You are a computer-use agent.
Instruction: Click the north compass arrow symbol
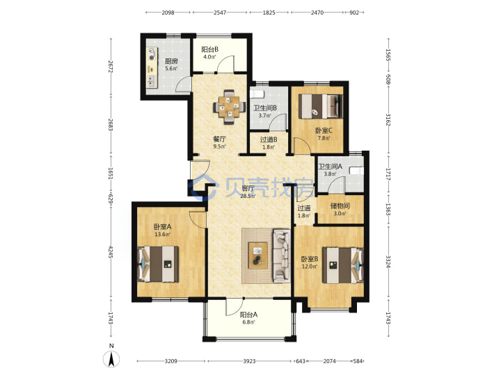pyautogui.click(x=111, y=359)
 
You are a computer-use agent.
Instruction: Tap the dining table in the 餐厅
pyautogui.click(x=229, y=107)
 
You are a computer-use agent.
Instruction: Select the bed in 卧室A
pyautogui.click(x=158, y=264)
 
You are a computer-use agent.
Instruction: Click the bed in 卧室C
pyautogui.click(x=321, y=106)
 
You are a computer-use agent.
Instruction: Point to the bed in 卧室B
pyautogui.click(x=342, y=265)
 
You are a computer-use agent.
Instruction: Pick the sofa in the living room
pyautogui.click(x=282, y=256)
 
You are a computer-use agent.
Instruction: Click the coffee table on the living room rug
pyautogui.click(x=258, y=256)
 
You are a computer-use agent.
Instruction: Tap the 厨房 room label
pyautogui.click(x=171, y=61)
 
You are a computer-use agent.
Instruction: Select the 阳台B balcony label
pyautogui.click(x=209, y=49)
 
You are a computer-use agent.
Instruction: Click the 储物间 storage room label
pyautogui.click(x=340, y=206)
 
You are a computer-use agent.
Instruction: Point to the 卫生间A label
pyautogui.click(x=330, y=167)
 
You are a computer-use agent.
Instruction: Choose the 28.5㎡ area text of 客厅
pyautogui.click(x=248, y=196)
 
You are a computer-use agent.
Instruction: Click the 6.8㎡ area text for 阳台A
pyautogui.click(x=249, y=322)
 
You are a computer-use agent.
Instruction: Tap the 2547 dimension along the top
pyautogui.click(x=220, y=12)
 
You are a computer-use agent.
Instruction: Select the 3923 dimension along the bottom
pyautogui.click(x=249, y=361)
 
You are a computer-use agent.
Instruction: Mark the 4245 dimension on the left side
pyautogui.click(x=111, y=251)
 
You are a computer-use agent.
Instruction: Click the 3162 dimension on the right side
pyautogui.click(x=388, y=119)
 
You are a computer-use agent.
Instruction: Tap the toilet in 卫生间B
pyautogui.click(x=257, y=94)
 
